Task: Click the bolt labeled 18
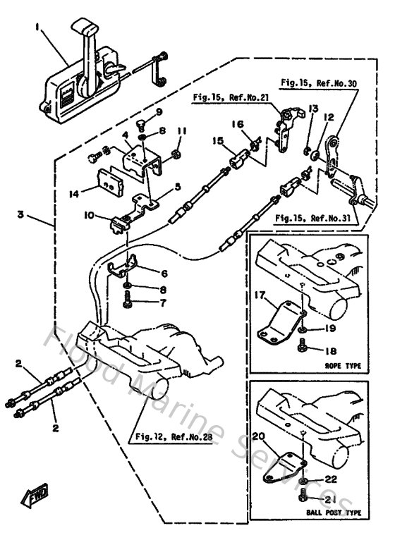303,345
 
